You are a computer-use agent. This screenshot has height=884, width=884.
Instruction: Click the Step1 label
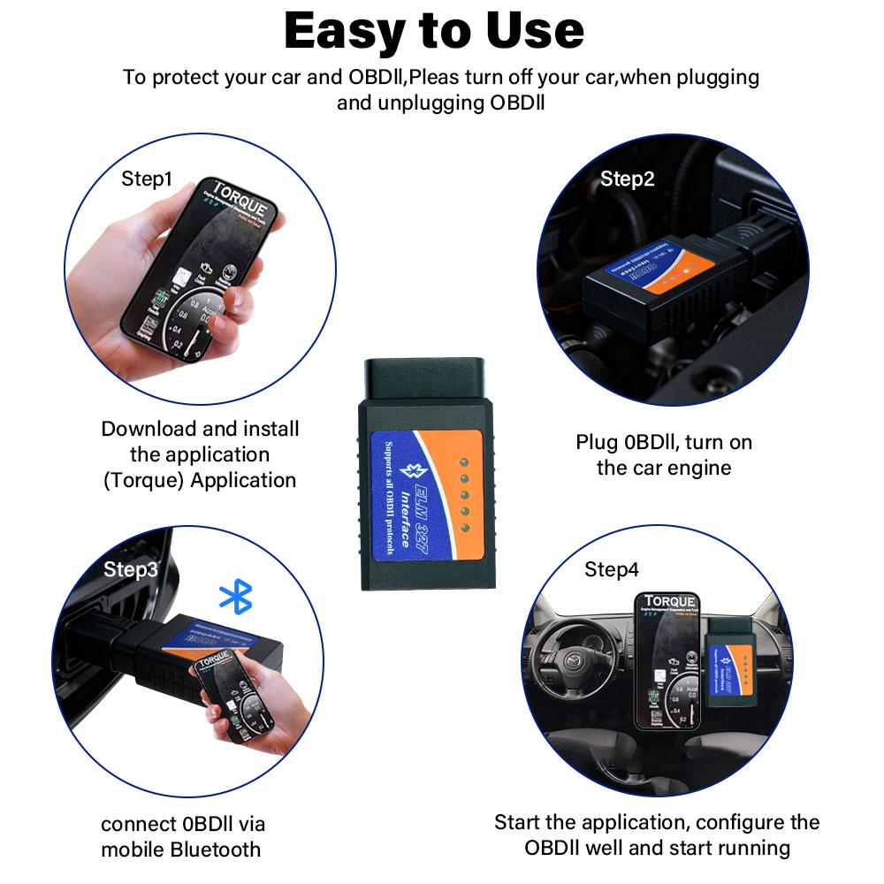click(146, 179)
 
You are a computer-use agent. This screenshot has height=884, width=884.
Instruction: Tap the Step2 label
click(627, 179)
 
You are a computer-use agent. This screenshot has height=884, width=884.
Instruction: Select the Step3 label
click(131, 568)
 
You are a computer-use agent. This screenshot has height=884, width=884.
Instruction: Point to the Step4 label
click(611, 570)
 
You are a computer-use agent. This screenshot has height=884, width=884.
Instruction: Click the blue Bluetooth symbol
click(235, 598)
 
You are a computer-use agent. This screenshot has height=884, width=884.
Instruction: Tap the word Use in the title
click(537, 31)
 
